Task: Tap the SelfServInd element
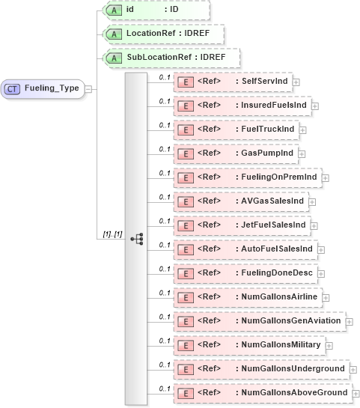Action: point(232,82)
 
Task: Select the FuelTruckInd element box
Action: point(235,130)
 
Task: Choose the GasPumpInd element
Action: point(234,153)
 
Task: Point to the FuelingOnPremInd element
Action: point(246,177)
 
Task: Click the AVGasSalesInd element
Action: point(240,201)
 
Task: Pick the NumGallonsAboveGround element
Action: point(261,392)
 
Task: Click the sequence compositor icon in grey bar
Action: point(136,239)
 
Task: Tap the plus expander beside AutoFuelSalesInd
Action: point(321,249)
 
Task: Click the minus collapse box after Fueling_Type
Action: point(89,89)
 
